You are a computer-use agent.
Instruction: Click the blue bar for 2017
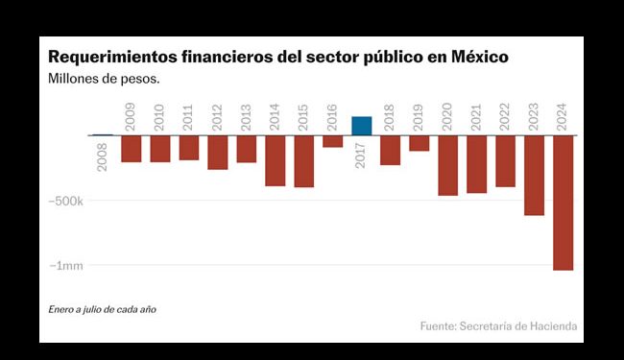pos(361,126)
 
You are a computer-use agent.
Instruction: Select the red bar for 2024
pos(563,203)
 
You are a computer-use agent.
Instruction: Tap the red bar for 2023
pos(534,175)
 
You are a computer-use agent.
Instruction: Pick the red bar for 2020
pos(447,165)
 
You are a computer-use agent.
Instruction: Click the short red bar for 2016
pos(332,141)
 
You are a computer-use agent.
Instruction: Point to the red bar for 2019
pos(419,143)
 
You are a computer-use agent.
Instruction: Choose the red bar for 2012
pos(217,152)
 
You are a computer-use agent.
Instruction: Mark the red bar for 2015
pos(303,161)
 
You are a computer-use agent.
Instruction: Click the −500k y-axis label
pos(64,201)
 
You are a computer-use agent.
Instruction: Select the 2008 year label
pos(103,156)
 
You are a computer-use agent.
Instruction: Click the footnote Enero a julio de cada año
pos(102,309)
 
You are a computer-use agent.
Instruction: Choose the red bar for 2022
pos(505,160)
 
